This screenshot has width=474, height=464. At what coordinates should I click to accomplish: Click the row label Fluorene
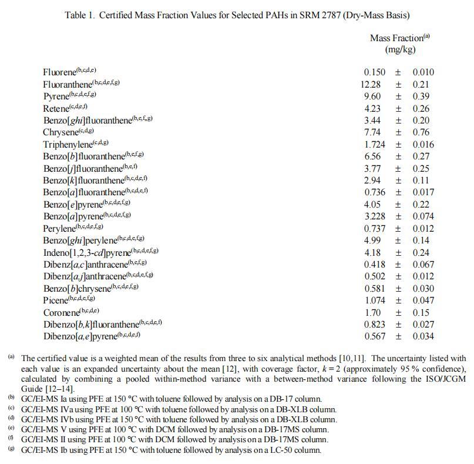[59, 72]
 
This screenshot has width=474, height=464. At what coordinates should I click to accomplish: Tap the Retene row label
[56, 109]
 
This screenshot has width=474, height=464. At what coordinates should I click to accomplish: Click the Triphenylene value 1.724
[374, 145]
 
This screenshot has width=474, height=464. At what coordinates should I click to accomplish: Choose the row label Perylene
[59, 228]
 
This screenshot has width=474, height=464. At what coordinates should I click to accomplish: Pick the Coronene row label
[61, 312]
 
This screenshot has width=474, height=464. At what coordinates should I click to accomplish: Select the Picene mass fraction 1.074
[374, 301]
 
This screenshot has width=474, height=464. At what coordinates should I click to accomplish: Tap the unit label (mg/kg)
[400, 50]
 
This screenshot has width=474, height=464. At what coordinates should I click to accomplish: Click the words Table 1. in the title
[79, 15]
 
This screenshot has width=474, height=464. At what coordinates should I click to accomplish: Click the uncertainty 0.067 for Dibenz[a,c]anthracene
[423, 265]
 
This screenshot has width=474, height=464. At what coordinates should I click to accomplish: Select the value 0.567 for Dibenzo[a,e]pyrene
[374, 336]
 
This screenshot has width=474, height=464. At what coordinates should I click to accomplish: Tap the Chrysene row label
[60, 133]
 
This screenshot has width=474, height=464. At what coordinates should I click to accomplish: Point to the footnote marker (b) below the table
[11, 398]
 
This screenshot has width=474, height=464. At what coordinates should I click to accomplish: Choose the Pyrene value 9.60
[372, 96]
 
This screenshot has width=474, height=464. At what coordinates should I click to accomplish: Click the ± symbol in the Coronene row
[398, 312]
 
